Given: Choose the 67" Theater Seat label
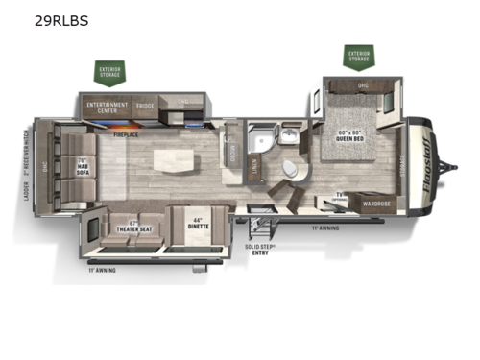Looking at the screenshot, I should click(x=132, y=228).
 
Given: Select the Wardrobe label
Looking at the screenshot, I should click(x=373, y=203).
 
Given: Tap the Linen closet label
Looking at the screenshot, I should click(x=252, y=174).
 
